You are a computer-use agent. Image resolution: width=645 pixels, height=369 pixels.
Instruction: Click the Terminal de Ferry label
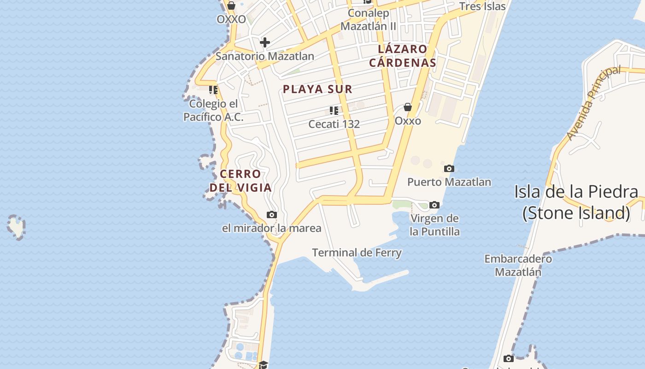(x=357, y=253)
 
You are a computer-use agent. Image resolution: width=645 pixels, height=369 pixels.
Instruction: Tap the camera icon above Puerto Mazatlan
(x=449, y=169)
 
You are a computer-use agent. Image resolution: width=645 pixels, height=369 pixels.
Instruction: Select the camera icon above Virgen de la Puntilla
(x=434, y=205)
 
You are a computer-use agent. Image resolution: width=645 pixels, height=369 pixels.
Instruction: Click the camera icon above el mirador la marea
(x=272, y=214)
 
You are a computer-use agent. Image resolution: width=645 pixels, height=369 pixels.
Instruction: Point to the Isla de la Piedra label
(x=576, y=202)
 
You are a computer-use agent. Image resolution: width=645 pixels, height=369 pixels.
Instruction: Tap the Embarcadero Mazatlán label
(x=518, y=265)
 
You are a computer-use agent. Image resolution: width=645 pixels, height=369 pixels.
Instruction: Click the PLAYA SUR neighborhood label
(x=317, y=89)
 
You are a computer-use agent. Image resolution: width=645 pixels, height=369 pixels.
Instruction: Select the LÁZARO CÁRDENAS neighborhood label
(x=402, y=56)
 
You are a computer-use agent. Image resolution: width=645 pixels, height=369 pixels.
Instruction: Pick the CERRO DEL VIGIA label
(x=240, y=181)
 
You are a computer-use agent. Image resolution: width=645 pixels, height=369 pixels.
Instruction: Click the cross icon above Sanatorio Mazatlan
(x=265, y=42)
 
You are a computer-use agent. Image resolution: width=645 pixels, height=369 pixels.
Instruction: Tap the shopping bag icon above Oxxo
(x=408, y=107)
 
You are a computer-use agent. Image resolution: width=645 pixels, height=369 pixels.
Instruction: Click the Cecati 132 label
(x=334, y=124)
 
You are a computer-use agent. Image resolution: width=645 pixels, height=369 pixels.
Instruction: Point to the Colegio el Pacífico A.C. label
(x=213, y=111)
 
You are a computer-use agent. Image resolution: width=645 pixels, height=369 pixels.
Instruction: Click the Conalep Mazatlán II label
(x=368, y=19)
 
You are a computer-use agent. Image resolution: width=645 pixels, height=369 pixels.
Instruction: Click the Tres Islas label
(x=482, y=6)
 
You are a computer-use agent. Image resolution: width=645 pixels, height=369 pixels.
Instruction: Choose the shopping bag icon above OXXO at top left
(x=231, y=6)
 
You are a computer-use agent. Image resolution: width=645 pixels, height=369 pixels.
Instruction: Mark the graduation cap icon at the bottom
(x=263, y=365)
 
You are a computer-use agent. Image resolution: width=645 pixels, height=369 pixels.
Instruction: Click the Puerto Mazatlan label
(x=449, y=182)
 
